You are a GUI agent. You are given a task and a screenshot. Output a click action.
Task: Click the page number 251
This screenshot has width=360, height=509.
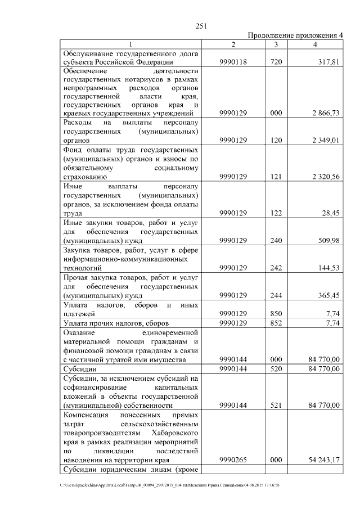pos(201,26)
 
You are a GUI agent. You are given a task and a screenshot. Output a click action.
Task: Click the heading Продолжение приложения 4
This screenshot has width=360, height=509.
pos(295,35)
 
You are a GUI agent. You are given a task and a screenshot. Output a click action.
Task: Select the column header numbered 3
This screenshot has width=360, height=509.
pos(276,44)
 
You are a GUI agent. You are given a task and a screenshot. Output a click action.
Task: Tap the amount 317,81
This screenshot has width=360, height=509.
pos(327,62)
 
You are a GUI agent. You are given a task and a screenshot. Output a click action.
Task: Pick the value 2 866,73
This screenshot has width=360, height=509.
pos(323,113)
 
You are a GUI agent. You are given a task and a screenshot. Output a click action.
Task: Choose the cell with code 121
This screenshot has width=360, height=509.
pos(276,177)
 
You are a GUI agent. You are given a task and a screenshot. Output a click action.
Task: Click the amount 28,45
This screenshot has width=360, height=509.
pos(328,213)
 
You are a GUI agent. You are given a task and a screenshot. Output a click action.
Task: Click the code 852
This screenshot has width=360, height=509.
pos(276,323)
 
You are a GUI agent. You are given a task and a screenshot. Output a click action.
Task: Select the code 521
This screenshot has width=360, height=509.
pos(276,405)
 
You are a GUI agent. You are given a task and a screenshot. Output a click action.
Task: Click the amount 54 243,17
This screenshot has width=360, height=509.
pos(321,460)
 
